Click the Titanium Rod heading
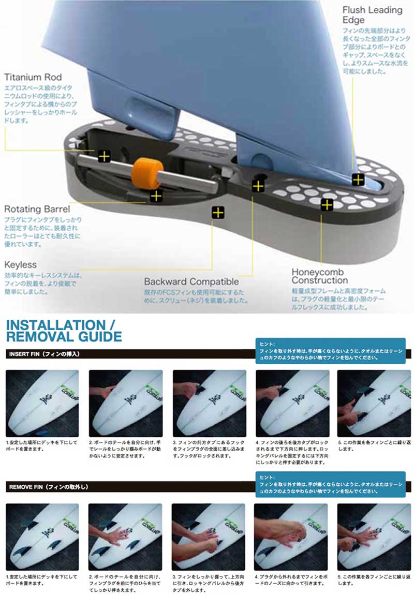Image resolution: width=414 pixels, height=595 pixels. point(32,77)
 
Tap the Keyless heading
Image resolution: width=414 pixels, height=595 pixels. point(21,264)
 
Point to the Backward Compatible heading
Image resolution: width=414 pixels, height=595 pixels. point(191,282)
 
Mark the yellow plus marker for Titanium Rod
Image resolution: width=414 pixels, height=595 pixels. point(105,156)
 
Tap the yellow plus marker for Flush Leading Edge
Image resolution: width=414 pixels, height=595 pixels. point(358,180)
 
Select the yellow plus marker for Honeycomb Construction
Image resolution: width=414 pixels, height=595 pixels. point(327,205)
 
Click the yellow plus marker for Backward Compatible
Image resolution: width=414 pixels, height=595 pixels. point(258,186)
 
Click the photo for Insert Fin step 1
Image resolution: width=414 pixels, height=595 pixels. point(42,403)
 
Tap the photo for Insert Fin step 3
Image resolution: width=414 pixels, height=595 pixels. point(209,403)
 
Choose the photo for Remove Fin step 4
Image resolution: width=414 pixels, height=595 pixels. point(291,536)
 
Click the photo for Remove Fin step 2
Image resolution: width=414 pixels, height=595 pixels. point(126,536)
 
